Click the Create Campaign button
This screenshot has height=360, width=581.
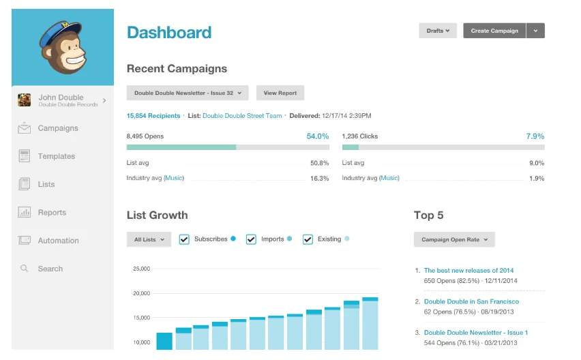click(x=494, y=31)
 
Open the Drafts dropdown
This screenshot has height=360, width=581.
click(x=437, y=31)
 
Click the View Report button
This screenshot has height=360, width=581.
click(x=280, y=93)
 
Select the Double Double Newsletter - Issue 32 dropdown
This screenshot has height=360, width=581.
click(x=188, y=93)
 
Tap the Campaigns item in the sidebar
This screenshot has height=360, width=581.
click(x=57, y=128)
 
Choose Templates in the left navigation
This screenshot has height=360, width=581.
click(x=56, y=156)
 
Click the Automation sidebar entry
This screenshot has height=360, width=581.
click(x=58, y=241)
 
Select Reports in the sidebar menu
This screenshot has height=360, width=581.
click(x=52, y=213)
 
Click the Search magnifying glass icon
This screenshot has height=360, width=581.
click(x=25, y=269)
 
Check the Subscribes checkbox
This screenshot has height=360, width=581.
click(x=184, y=239)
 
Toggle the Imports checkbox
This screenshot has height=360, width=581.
click(x=251, y=239)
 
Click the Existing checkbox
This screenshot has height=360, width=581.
click(x=308, y=239)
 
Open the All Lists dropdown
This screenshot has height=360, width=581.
click(x=148, y=239)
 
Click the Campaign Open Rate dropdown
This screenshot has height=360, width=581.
click(x=454, y=239)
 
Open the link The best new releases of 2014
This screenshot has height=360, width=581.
click(x=468, y=271)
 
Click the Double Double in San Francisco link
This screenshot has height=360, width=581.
click(x=471, y=301)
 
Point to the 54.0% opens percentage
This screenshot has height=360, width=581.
click(x=317, y=136)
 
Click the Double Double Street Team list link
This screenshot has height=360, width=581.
click(x=242, y=116)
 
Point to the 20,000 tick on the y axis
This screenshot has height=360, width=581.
click(x=140, y=293)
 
